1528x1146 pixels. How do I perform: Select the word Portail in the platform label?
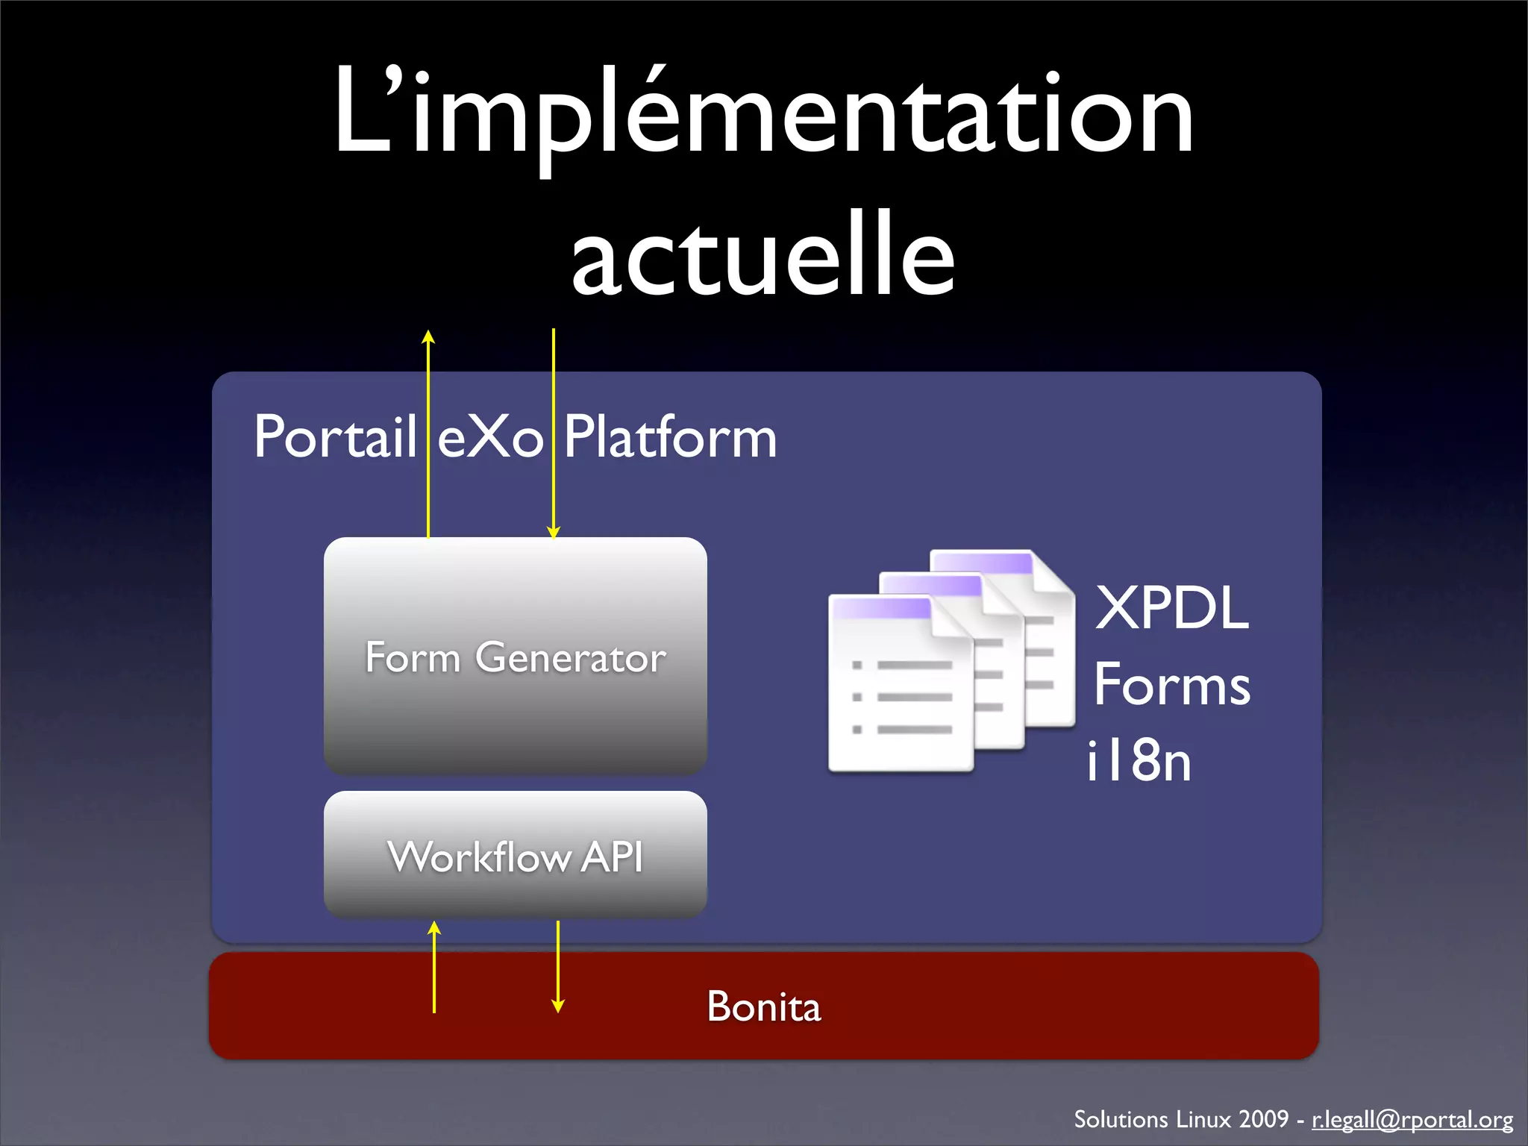pyautogui.click(x=334, y=437)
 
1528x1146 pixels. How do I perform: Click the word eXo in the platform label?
pyautogui.click(x=489, y=437)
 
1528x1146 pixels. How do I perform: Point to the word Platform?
pyautogui.click(x=669, y=437)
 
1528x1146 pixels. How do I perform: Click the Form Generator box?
pyautogui.click(x=515, y=657)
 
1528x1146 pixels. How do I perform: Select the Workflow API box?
pyautogui.click(x=515, y=855)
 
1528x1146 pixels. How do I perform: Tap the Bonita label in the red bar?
pyautogui.click(x=763, y=1006)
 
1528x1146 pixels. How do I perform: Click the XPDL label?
pyautogui.click(x=1171, y=608)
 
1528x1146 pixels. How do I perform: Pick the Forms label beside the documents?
pyautogui.click(x=1171, y=685)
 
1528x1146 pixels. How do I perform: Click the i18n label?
pyautogui.click(x=1139, y=761)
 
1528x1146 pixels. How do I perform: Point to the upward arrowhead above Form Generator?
pyautogui.click(x=428, y=336)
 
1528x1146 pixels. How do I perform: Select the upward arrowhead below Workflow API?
pyautogui.click(x=434, y=928)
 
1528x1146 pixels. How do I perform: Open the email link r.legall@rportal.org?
pyautogui.click(x=1412, y=1119)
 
